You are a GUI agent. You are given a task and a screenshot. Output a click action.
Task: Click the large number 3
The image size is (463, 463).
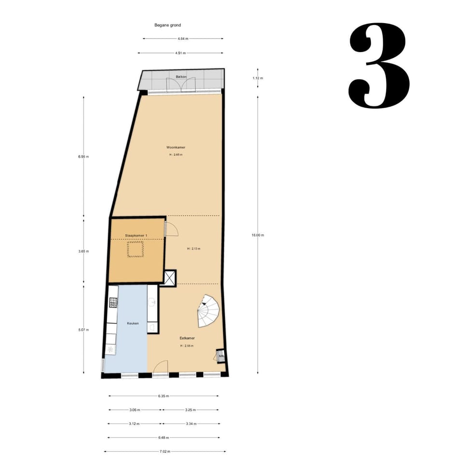[x=379, y=66]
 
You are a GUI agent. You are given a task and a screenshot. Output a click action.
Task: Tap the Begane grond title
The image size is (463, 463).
[x=167, y=25]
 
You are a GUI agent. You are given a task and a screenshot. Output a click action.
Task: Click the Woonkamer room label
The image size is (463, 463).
[x=176, y=147]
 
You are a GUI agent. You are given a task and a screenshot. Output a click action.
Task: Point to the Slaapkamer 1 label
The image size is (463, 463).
[x=136, y=235]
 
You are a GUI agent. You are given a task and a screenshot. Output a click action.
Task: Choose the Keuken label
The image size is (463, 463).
[x=133, y=323]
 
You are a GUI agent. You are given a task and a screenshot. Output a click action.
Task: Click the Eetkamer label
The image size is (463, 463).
[x=187, y=339]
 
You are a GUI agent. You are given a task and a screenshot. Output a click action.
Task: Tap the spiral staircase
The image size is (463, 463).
[x=208, y=311]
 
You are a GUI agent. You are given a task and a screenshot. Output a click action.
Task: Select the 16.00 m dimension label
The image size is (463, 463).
[x=258, y=235]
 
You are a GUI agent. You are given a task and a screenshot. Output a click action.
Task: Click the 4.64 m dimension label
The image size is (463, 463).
[x=183, y=39]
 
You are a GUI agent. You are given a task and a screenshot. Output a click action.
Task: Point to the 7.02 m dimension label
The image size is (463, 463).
[x=164, y=451]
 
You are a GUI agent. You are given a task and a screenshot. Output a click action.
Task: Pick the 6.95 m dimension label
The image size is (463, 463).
[x=84, y=157]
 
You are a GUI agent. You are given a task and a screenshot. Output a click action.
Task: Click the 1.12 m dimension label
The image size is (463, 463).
[x=258, y=78]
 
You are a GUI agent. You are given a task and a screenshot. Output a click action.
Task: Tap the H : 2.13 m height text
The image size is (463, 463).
[x=193, y=249]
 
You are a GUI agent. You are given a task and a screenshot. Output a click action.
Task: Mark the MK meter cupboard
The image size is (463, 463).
[x=220, y=356]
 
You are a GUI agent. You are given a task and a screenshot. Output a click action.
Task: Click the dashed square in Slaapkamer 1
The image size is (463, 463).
[x=136, y=249]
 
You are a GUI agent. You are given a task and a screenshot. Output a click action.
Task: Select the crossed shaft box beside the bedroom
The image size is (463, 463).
[x=170, y=278]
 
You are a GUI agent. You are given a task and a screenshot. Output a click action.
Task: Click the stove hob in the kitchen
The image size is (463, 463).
[x=113, y=303]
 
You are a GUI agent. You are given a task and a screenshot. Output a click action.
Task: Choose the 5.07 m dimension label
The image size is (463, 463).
[x=84, y=330]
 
